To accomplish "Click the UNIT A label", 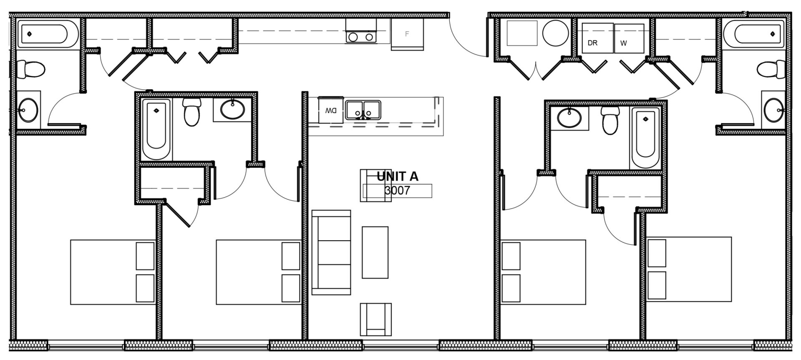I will click(397, 176).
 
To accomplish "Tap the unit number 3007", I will click(397, 191).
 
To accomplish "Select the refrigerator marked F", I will click(407, 35).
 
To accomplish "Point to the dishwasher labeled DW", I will click(331, 111).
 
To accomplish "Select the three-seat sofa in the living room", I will click(331, 252).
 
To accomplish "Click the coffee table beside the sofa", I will click(375, 252).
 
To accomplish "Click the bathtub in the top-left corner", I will click(43, 34).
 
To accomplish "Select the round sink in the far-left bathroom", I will click(28, 110).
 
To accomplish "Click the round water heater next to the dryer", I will click(555, 33).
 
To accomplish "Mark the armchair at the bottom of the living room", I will click(375, 320).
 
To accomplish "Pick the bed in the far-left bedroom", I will click(112, 272).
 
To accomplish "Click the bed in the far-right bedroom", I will click(689, 269).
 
